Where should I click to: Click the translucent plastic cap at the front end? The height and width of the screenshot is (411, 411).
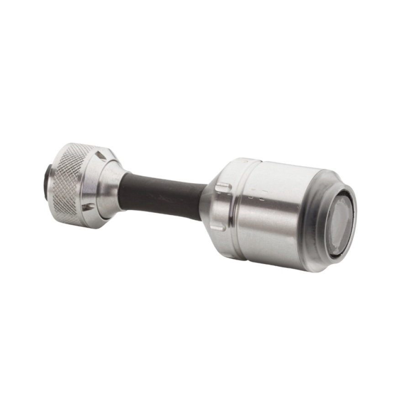coord(320,219)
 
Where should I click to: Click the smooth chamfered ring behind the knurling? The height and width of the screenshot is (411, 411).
coord(94,183)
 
